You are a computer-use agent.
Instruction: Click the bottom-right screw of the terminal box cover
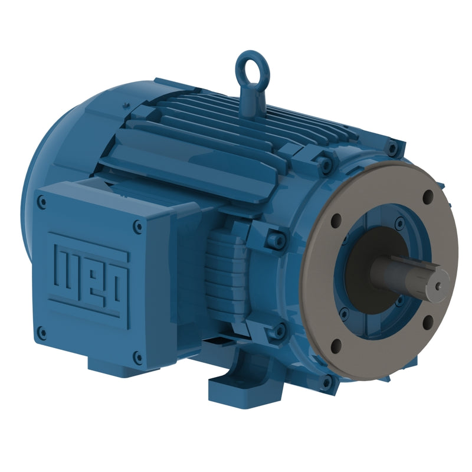click(137, 356)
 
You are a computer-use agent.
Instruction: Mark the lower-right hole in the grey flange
click(428, 320)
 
